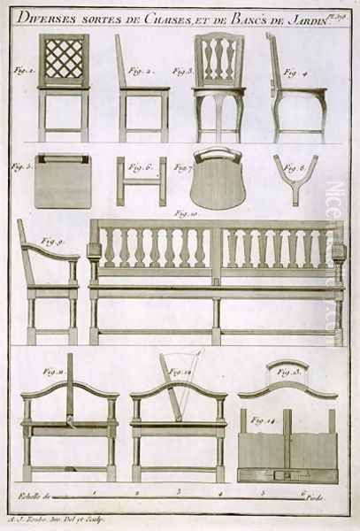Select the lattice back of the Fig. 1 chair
[63, 63]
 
